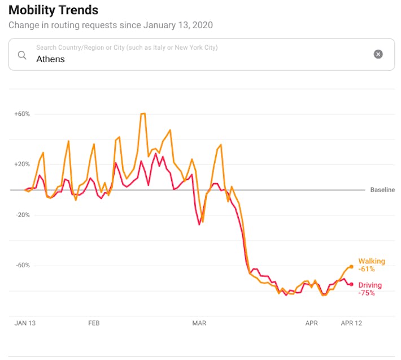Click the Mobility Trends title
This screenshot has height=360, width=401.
point(53,10)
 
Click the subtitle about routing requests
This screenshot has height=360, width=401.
point(110,25)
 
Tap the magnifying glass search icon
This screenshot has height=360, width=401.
point(22,55)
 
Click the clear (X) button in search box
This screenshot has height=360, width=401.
point(378,54)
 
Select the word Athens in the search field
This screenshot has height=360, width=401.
point(50,59)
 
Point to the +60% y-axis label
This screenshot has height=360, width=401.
point(22,114)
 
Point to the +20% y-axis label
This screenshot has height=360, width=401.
point(22,164)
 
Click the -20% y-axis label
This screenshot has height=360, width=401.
point(23,215)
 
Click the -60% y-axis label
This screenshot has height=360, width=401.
point(23,266)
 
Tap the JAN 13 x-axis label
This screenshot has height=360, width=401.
point(25,323)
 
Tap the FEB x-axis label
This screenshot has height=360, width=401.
point(94,323)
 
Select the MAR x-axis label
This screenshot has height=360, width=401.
point(199,323)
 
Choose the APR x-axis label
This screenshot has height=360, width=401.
point(311,323)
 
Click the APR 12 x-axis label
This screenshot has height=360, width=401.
point(351,323)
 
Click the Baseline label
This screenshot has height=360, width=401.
point(382,190)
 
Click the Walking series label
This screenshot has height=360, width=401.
point(371,262)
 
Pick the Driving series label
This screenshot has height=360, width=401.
point(370,285)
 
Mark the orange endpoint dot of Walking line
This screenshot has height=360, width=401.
point(351,266)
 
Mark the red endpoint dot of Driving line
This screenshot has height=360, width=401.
point(351,284)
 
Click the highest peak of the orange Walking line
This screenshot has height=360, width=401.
point(143,114)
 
